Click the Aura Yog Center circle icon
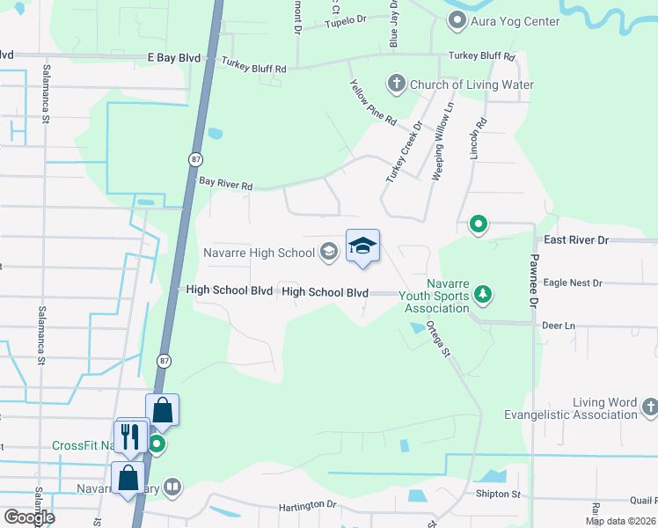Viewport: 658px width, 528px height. [457, 20]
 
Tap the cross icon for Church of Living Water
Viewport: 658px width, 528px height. [396, 85]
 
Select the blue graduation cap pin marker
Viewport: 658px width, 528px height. [362, 247]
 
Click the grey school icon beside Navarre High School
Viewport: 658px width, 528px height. [328, 253]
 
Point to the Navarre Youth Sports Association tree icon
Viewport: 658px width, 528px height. [482, 294]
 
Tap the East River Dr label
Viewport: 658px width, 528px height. [576, 239]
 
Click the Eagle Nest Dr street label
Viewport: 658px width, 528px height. [573, 283]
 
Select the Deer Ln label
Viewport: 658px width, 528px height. [559, 326]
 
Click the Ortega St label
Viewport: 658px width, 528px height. [438, 337]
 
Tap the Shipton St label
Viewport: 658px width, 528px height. [500, 494]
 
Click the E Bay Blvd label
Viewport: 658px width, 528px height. [174, 57]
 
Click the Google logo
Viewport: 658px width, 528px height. [28, 517]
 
